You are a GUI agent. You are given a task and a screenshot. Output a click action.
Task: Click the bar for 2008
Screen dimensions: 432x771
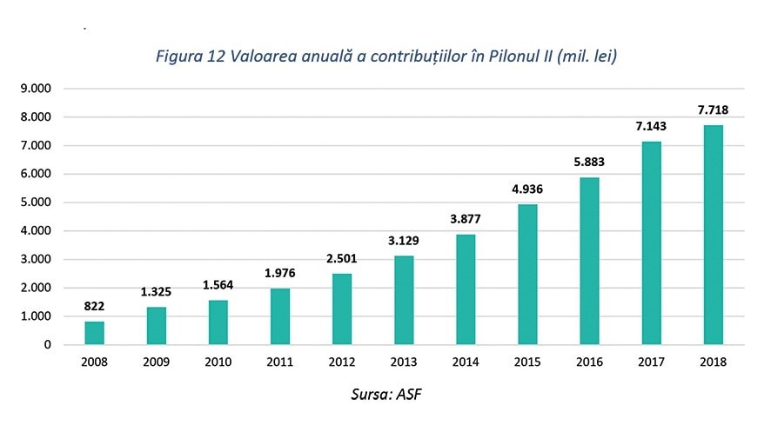tap(94, 333)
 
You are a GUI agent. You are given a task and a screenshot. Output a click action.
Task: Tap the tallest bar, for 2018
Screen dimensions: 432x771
tap(713, 235)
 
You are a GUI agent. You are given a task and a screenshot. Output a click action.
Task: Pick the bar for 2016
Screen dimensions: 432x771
tap(589, 261)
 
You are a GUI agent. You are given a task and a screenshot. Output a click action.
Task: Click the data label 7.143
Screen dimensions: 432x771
tap(651, 126)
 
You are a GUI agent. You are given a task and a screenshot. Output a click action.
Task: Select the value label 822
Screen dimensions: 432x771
tap(94, 306)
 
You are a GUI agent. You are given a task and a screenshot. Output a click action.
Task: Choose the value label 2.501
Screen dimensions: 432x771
tap(342, 258)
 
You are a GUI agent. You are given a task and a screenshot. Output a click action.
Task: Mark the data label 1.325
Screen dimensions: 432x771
tap(157, 291)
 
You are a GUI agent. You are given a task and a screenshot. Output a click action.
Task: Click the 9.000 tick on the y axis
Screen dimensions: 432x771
tap(35, 89)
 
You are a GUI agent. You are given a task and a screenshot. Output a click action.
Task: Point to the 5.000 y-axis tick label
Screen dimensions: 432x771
tap(35, 203)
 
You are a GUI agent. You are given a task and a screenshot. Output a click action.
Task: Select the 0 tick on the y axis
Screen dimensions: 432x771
tap(46, 345)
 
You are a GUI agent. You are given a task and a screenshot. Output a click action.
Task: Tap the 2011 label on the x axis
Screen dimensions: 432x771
tap(280, 362)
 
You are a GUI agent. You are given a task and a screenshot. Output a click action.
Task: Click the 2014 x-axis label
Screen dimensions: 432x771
tap(466, 362)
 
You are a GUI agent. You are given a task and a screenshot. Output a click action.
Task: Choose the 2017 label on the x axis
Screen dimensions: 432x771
tap(651, 362)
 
